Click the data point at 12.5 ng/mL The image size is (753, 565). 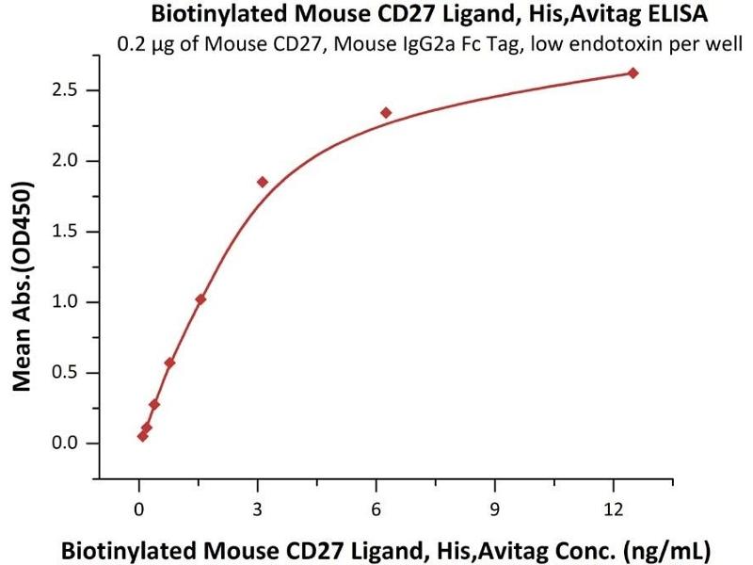pyautogui.click(x=633, y=73)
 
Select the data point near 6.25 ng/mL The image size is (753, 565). pyautogui.click(x=386, y=113)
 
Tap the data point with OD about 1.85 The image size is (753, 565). pyautogui.click(x=263, y=182)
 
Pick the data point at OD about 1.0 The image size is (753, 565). pyautogui.click(x=200, y=299)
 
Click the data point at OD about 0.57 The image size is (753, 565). pyautogui.click(x=169, y=363)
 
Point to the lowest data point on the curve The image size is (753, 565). pyautogui.click(x=142, y=436)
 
